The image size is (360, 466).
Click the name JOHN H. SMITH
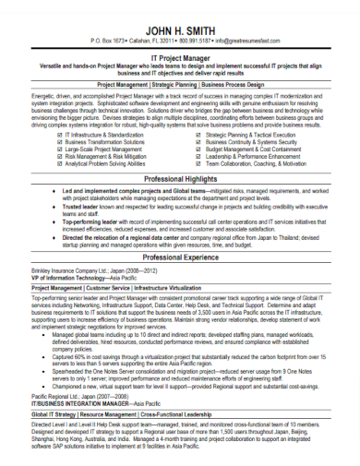click(x=180, y=30)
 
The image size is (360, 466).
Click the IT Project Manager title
click(x=180, y=57)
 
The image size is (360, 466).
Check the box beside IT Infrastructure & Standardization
click(x=61, y=134)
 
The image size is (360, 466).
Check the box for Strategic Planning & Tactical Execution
click(x=199, y=134)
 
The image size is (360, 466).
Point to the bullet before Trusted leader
click(x=56, y=207)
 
